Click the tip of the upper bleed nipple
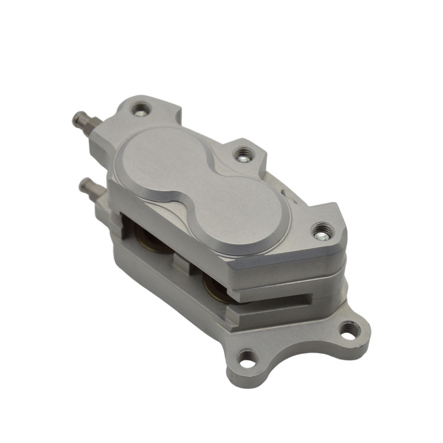pyautogui.click(x=76, y=121)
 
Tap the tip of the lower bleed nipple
pyautogui.click(x=83, y=185)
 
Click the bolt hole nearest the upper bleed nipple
pyautogui.click(x=140, y=109)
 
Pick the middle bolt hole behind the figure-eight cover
pyautogui.click(x=243, y=155)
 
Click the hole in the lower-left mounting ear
pyautogui.click(x=247, y=356)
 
